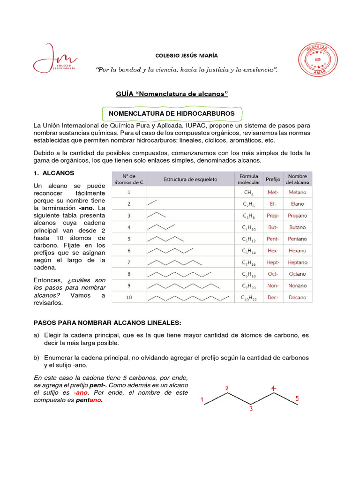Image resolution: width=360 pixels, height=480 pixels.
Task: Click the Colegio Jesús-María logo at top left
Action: coord(55,59)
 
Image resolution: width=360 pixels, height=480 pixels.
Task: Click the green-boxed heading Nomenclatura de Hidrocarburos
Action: coord(172,113)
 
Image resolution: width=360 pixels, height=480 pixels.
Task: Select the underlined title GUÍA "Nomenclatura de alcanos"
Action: coord(172,94)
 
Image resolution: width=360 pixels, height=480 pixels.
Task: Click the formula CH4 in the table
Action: coord(249,193)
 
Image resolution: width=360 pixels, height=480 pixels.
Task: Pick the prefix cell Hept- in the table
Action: coord(273,262)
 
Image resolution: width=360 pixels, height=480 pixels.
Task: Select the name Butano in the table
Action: coord(297,227)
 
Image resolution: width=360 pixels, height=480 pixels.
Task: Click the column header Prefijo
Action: coord(273,179)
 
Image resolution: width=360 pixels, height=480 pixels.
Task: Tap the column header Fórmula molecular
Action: coord(249,179)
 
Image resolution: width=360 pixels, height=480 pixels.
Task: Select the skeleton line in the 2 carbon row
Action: coord(152,203)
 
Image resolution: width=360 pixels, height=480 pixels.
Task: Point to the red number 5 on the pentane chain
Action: coord(297,399)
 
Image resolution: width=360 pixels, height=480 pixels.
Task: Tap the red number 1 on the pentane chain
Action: coord(202,400)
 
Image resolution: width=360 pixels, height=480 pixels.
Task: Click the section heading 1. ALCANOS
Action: coord(54,173)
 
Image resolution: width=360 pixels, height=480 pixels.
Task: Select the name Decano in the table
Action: coord(297,298)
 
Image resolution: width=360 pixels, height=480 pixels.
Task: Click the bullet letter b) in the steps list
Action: coord(37,358)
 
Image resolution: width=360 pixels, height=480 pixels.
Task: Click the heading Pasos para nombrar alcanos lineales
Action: coord(107,323)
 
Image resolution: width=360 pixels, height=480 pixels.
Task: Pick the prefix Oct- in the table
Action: coord(273,274)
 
